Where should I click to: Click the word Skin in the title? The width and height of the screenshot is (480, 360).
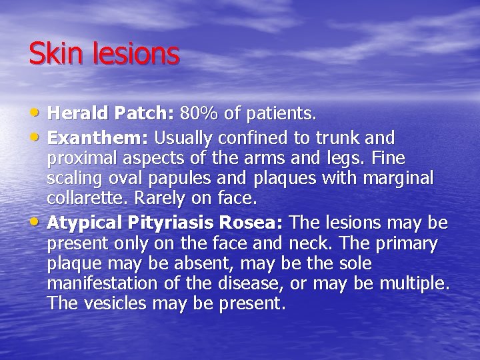[x=51, y=54]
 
